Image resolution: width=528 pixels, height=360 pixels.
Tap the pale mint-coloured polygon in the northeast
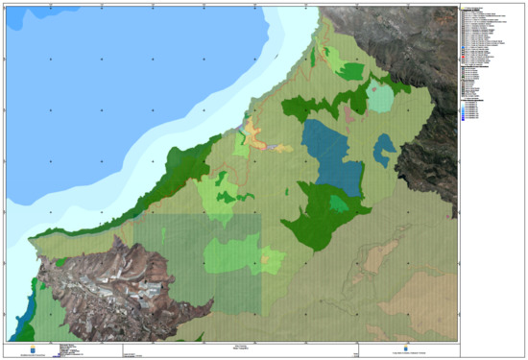381,98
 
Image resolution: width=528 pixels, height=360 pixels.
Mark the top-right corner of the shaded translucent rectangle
261,214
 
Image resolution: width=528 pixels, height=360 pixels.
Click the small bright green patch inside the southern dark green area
338,204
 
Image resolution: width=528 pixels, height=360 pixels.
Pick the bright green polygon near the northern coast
351,71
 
